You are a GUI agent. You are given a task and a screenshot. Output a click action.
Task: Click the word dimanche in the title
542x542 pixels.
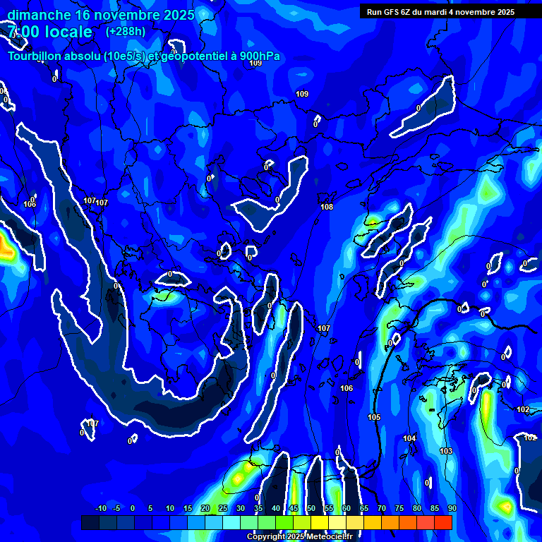[x=39, y=15]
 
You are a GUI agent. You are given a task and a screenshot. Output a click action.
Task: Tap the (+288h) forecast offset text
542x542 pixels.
[x=126, y=31]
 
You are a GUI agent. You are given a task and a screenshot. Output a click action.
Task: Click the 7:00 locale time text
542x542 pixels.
[x=49, y=32]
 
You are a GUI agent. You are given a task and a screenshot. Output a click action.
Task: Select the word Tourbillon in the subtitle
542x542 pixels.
[x=35, y=56]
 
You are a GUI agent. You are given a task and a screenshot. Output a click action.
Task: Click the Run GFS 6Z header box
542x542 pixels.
[x=440, y=12]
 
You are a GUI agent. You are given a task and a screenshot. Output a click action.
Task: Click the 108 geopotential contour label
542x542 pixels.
[x=327, y=207]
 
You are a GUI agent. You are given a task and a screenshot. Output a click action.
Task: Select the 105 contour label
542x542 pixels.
[x=374, y=417]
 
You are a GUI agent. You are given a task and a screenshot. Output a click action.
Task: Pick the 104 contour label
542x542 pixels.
[x=409, y=438]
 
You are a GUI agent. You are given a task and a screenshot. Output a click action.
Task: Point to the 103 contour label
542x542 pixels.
[x=446, y=451]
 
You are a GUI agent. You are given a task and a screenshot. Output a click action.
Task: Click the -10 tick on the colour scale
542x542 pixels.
[x=101, y=508]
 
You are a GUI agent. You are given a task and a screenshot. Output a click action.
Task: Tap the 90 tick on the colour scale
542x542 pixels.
[x=452, y=508]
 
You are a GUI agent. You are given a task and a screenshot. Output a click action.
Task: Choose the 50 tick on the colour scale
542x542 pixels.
[x=311, y=508]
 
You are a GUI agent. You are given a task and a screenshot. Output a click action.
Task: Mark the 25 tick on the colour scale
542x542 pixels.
[x=223, y=508]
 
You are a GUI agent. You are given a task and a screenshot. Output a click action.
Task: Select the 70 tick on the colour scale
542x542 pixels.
[x=381, y=508]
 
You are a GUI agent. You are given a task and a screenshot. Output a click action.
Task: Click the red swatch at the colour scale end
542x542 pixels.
[x=442, y=522]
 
